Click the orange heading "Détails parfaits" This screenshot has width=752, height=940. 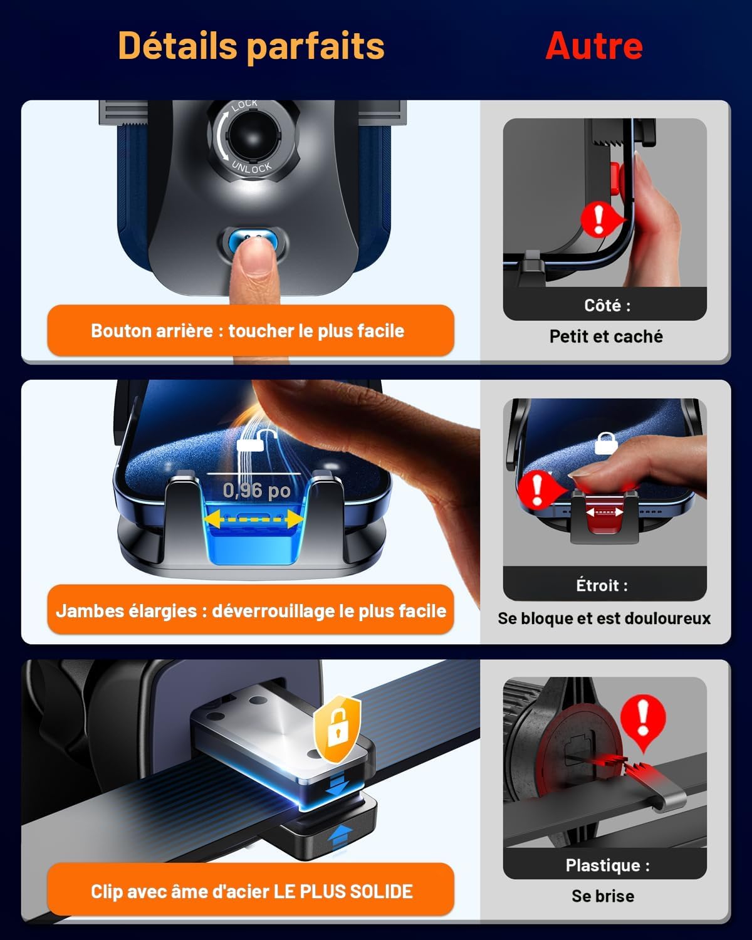click(251, 46)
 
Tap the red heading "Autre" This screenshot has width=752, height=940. click(594, 46)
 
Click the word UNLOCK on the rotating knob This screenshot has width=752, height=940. click(252, 167)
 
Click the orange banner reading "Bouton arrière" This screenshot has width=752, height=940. click(251, 331)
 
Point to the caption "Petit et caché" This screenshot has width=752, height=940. click(605, 337)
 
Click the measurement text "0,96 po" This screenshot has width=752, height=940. click(256, 491)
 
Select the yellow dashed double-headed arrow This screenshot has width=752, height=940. click(253, 520)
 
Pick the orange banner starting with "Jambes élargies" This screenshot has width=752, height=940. click(251, 610)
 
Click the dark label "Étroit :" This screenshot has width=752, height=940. click(602, 585)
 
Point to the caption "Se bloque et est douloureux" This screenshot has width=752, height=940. click(604, 618)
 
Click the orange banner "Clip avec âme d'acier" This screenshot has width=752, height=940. click(251, 892)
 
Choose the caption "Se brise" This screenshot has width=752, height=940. click(603, 896)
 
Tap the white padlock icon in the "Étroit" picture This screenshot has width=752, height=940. click(606, 443)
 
